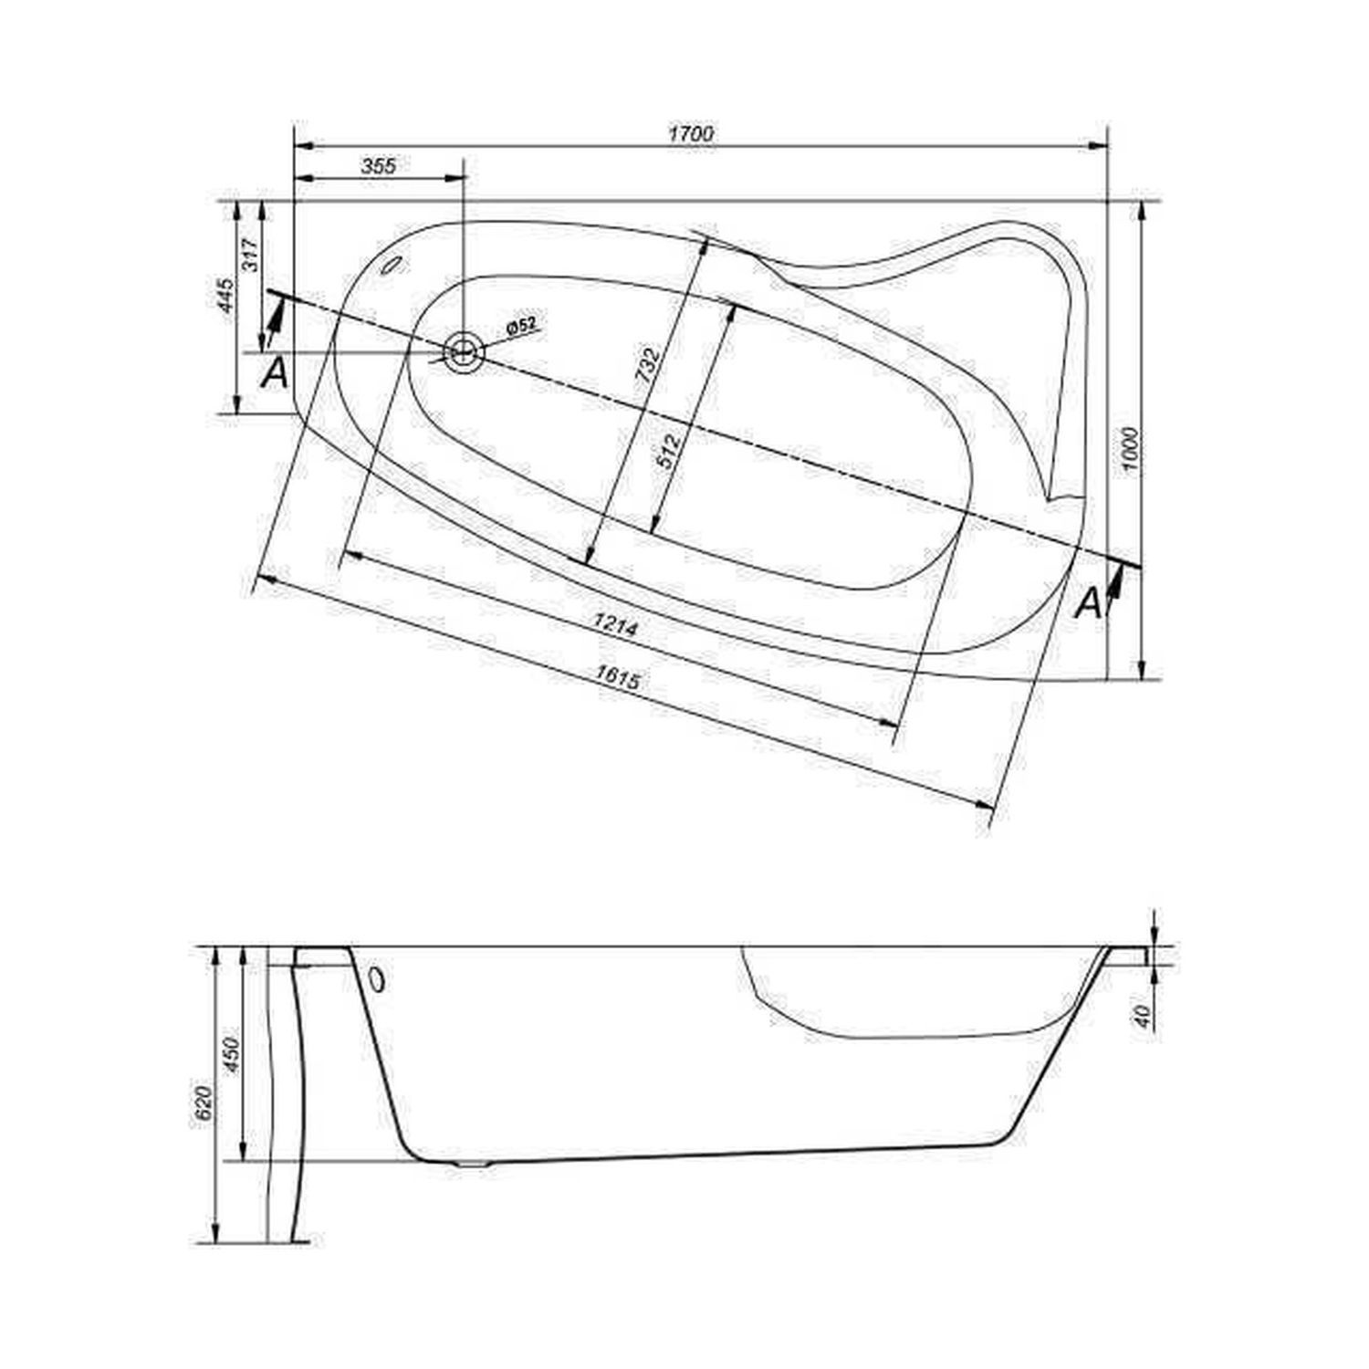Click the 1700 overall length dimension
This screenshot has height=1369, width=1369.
pyautogui.click(x=691, y=133)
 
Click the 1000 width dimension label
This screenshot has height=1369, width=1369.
pyautogui.click(x=1132, y=450)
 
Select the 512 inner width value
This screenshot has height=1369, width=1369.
pyautogui.click(x=672, y=450)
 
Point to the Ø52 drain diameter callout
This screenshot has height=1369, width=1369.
pyautogui.click(x=520, y=326)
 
